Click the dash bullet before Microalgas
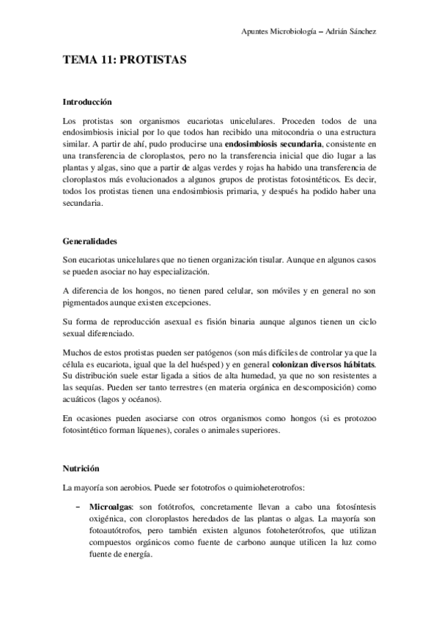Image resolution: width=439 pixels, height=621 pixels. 78,506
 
